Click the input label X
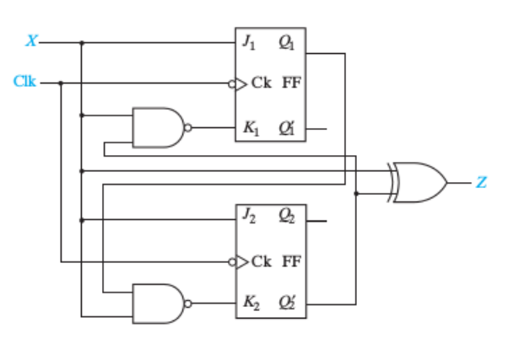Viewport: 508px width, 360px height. tap(31, 40)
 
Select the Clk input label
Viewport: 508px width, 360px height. tap(24, 82)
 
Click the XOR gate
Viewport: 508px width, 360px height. tap(419, 182)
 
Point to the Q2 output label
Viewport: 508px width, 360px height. tap(288, 216)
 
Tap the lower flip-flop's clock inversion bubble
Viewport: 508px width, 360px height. tap(231, 260)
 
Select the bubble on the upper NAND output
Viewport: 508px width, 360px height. tap(189, 127)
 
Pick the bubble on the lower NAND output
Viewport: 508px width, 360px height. tap(189, 303)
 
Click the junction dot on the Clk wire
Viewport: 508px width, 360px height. tap(61, 83)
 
